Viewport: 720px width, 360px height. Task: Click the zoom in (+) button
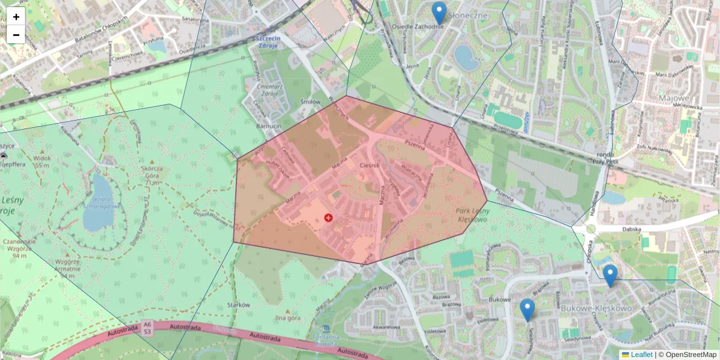(16, 17)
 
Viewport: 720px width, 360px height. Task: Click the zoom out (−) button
(16, 35)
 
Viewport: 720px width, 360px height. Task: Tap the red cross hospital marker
(328, 217)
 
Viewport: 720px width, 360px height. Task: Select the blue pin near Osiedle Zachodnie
(439, 13)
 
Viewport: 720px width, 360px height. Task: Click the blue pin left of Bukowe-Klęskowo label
(527, 310)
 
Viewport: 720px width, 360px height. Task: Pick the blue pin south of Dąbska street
(610, 275)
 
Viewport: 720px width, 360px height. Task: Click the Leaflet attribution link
(641, 355)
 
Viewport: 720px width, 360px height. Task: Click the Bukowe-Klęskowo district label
(597, 308)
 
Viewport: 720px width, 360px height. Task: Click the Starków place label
(239, 305)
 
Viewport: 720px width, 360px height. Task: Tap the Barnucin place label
(269, 127)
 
